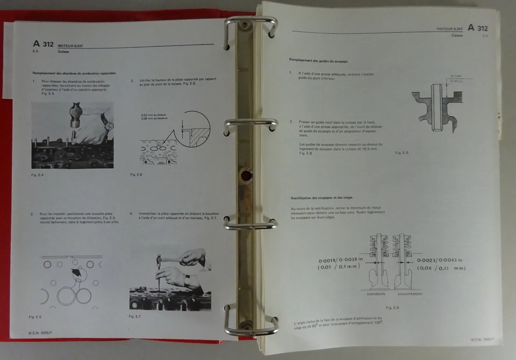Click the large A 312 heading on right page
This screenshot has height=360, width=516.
[477, 28]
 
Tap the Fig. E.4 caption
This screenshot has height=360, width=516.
[37, 175]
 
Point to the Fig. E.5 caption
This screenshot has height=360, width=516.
[35, 316]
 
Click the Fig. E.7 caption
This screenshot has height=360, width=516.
[135, 316]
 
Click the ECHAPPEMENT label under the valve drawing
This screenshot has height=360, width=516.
[410, 294]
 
